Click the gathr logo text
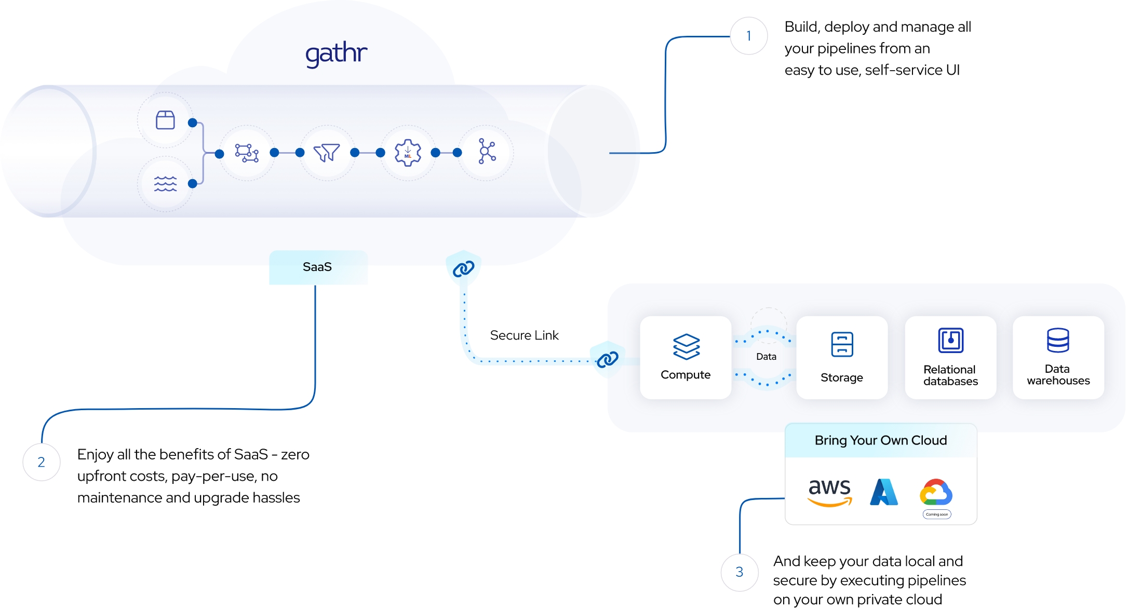336,54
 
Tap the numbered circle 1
748,36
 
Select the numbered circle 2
42,462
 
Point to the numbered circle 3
740,572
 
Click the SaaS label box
318,267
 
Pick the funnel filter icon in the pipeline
327,153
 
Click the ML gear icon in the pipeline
408,153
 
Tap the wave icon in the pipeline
165,184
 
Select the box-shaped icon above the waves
165,120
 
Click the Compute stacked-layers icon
686,346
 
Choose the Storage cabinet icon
842,344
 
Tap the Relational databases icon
950,341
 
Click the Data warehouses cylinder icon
1058,341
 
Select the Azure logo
884,492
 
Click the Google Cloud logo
936,492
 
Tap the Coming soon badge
937,515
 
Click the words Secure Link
524,335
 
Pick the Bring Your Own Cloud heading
881,441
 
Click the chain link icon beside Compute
607,359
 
